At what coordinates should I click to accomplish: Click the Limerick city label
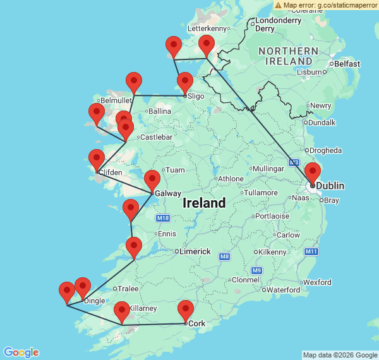tap(195, 251)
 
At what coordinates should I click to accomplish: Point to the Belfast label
tap(347, 64)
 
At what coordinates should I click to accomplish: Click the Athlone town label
tap(231, 179)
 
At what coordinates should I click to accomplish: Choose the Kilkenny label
tap(272, 251)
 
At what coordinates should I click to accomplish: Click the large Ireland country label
tap(204, 203)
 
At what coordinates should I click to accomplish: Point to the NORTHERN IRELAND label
tap(287, 56)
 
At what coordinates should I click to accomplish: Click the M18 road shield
tap(163, 218)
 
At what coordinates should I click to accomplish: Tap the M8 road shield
tap(224, 256)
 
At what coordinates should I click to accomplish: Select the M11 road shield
tap(311, 251)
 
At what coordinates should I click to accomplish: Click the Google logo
tap(21, 352)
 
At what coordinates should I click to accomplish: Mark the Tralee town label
tap(129, 289)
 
